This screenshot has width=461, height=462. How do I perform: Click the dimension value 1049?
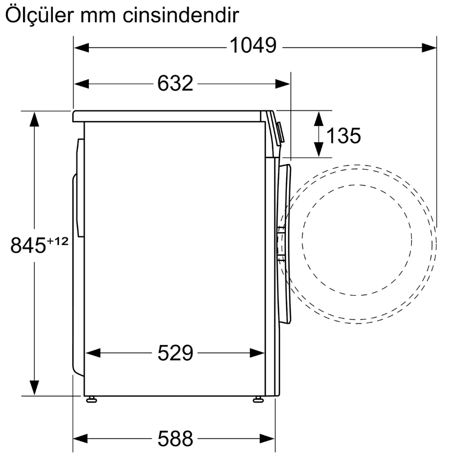253,47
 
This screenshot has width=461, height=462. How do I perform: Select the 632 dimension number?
175,83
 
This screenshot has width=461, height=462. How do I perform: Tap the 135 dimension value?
343,136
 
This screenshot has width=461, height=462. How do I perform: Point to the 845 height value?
28,246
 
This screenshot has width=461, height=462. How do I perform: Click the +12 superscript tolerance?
58,241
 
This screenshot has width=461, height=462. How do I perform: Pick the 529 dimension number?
175,354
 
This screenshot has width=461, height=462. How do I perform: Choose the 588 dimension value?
175,438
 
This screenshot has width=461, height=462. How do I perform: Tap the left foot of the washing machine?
91,400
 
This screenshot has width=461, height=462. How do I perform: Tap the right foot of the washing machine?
258,400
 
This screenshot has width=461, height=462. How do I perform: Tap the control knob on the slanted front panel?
281,132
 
